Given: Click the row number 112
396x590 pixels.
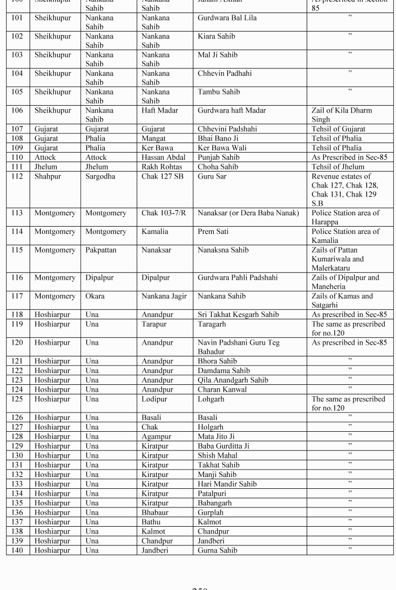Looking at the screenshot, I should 17,176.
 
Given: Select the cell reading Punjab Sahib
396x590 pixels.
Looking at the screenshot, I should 219,157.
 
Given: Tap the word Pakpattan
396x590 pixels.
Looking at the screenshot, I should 101,250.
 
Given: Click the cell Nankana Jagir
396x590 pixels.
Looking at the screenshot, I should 163,296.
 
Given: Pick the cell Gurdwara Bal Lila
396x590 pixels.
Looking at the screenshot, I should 227,18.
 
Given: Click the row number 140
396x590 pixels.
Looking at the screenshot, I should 17,550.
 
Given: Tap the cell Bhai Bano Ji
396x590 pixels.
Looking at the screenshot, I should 218,138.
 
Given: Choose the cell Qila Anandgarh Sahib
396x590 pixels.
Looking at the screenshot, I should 233,380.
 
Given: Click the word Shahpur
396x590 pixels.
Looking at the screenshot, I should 49,176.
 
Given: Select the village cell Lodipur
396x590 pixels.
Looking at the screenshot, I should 157,398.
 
